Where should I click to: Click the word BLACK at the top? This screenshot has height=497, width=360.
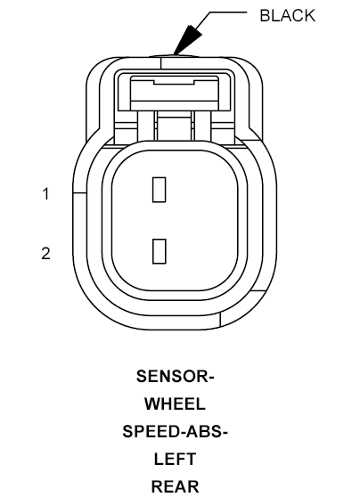[287, 15]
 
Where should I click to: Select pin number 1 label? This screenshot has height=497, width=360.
[46, 194]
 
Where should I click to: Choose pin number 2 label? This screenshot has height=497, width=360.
[45, 254]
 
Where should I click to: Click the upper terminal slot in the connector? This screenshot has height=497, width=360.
[159, 190]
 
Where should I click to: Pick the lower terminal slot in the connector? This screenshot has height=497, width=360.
[160, 251]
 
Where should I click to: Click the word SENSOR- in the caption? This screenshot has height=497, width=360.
[176, 376]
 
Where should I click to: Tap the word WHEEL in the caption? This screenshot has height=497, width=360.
[175, 403]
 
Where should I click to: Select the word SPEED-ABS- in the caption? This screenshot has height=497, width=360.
[175, 431]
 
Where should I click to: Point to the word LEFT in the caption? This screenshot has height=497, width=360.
[175, 459]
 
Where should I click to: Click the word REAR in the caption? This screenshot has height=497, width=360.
[175, 486]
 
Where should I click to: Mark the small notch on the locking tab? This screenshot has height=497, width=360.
[174, 83]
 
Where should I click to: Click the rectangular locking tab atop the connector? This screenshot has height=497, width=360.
[175, 94]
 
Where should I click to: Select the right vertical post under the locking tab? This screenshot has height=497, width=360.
[202, 126]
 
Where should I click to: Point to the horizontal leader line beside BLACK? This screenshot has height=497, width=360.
[228, 12]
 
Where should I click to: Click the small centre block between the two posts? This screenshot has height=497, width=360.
[174, 127]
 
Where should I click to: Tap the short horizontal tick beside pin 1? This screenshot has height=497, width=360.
[79, 192]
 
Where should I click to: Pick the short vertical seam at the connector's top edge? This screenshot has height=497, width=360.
[161, 62]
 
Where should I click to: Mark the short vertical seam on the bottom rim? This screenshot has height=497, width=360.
[220, 319]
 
